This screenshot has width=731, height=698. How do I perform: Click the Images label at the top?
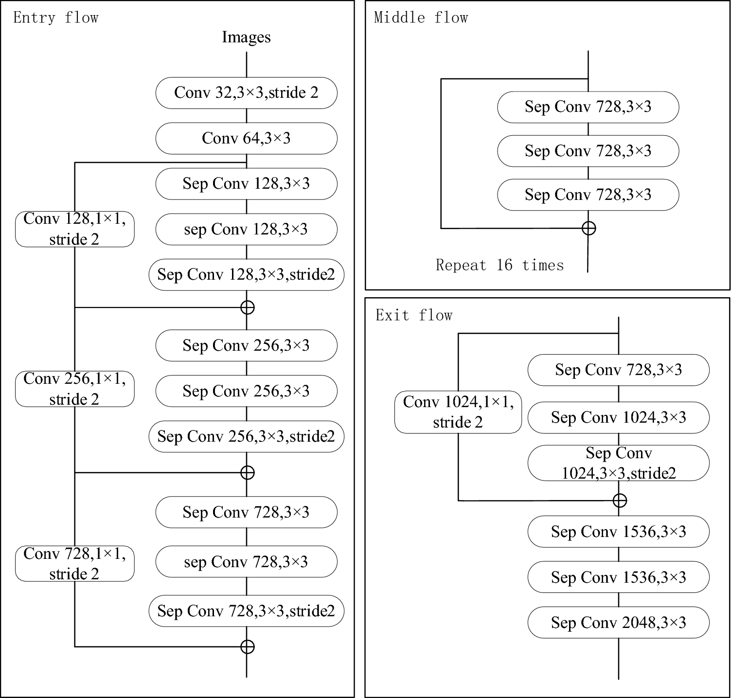point(246,37)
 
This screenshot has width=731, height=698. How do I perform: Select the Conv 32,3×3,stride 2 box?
point(246,92)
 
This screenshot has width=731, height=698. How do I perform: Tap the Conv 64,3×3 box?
point(246,138)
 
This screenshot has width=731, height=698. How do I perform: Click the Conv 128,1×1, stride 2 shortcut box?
point(74,229)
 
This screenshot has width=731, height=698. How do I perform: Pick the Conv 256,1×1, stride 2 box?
point(74,389)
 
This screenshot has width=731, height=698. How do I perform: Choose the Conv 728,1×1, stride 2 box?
point(74,563)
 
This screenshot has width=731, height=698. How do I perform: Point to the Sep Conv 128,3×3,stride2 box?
point(246,274)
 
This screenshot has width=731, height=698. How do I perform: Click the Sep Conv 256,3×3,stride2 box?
point(246,436)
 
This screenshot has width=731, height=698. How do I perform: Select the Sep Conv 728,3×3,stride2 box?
point(246,610)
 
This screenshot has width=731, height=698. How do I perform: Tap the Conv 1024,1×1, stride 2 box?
point(458,412)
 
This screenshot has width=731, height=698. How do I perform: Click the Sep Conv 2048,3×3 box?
point(618,623)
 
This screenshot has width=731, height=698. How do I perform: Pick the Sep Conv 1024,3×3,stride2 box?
point(618,463)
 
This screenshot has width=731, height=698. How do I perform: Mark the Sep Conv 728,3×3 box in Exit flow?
point(618,370)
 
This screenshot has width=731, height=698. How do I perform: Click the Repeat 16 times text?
point(499,265)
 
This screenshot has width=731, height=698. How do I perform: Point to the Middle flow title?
point(421,18)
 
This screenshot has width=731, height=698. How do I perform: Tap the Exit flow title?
point(414,316)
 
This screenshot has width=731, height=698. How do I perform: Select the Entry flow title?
point(56,18)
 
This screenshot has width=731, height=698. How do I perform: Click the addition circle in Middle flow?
point(588,228)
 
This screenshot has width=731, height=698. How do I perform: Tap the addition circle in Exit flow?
point(619,500)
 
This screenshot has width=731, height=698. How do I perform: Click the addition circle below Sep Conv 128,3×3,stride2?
point(248,307)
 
